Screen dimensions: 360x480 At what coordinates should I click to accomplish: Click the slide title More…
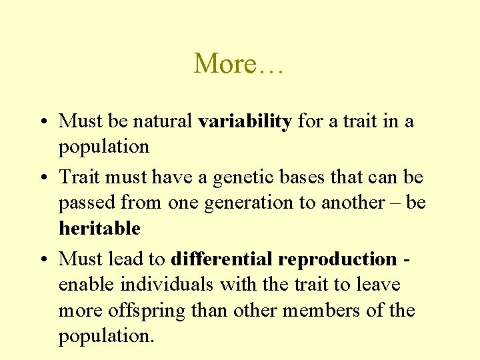(239, 64)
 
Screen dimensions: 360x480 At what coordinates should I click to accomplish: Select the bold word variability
(245, 121)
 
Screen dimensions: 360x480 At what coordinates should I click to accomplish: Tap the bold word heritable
(99, 229)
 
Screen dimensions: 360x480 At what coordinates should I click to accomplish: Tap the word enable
(87, 285)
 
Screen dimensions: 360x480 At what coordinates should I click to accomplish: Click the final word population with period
(106, 337)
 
